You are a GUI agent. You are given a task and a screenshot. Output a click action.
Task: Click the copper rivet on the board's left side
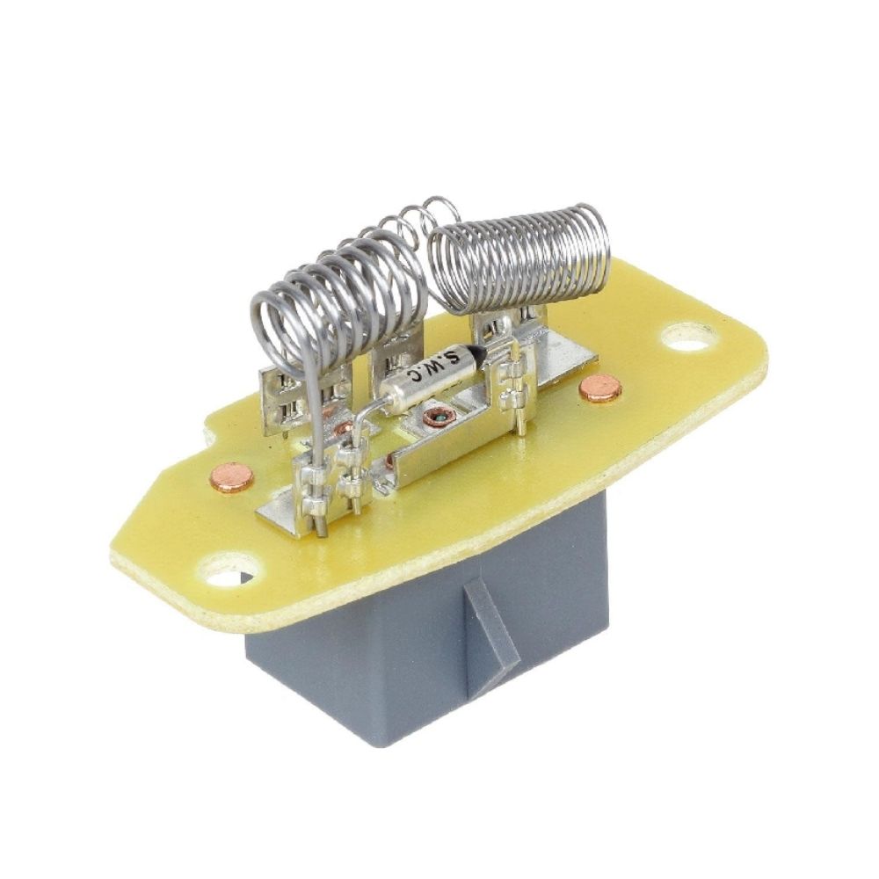pos(231,477)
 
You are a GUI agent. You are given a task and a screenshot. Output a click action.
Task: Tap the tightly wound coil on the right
pos(519,258)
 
